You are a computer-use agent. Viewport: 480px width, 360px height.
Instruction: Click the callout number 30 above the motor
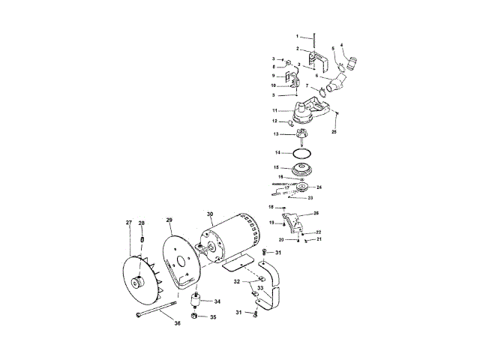(210, 214)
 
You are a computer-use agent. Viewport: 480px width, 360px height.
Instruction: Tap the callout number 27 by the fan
(129, 223)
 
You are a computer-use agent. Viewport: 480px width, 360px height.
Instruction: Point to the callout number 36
(177, 323)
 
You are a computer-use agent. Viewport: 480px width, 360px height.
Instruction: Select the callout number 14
(277, 152)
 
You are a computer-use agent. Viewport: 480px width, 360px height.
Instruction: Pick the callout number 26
(316, 213)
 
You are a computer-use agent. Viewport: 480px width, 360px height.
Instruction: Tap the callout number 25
(334, 132)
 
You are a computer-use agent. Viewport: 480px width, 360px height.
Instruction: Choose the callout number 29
(169, 220)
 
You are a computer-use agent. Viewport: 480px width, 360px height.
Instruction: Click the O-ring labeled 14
(301, 152)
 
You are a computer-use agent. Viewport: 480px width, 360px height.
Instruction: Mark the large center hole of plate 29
(182, 262)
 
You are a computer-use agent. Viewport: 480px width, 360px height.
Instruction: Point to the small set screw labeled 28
(141, 239)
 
